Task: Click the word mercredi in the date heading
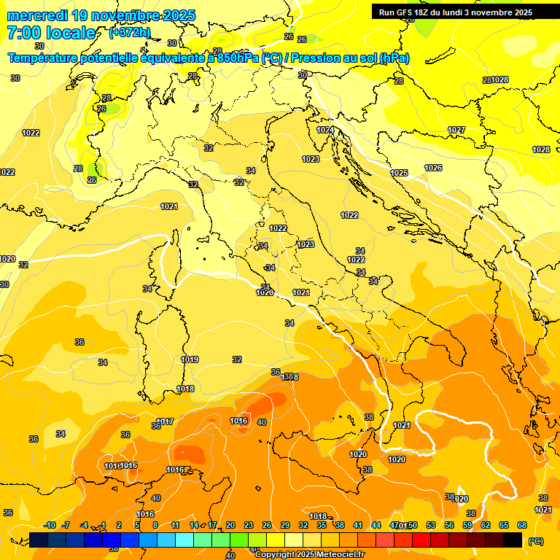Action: click(x=36, y=15)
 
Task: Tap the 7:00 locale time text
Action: click(x=51, y=33)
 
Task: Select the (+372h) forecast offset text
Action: click(x=129, y=33)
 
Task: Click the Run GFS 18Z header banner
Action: click(x=455, y=12)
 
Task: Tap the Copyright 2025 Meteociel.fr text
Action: click(x=309, y=555)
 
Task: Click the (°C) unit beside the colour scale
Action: click(x=536, y=541)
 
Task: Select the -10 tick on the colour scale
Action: click(x=50, y=525)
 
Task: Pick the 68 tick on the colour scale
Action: click(x=522, y=525)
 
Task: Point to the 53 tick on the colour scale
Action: click(x=431, y=525)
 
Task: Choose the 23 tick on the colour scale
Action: click(x=248, y=525)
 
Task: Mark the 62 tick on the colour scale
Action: click(x=486, y=525)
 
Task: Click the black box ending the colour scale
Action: click(x=513, y=540)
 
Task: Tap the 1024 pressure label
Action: click(x=325, y=130)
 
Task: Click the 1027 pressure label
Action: click(x=456, y=130)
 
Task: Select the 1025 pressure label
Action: click(x=399, y=173)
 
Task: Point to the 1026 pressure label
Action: click(x=433, y=168)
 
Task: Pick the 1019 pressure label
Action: click(x=190, y=359)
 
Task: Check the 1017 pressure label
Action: click(x=166, y=421)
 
